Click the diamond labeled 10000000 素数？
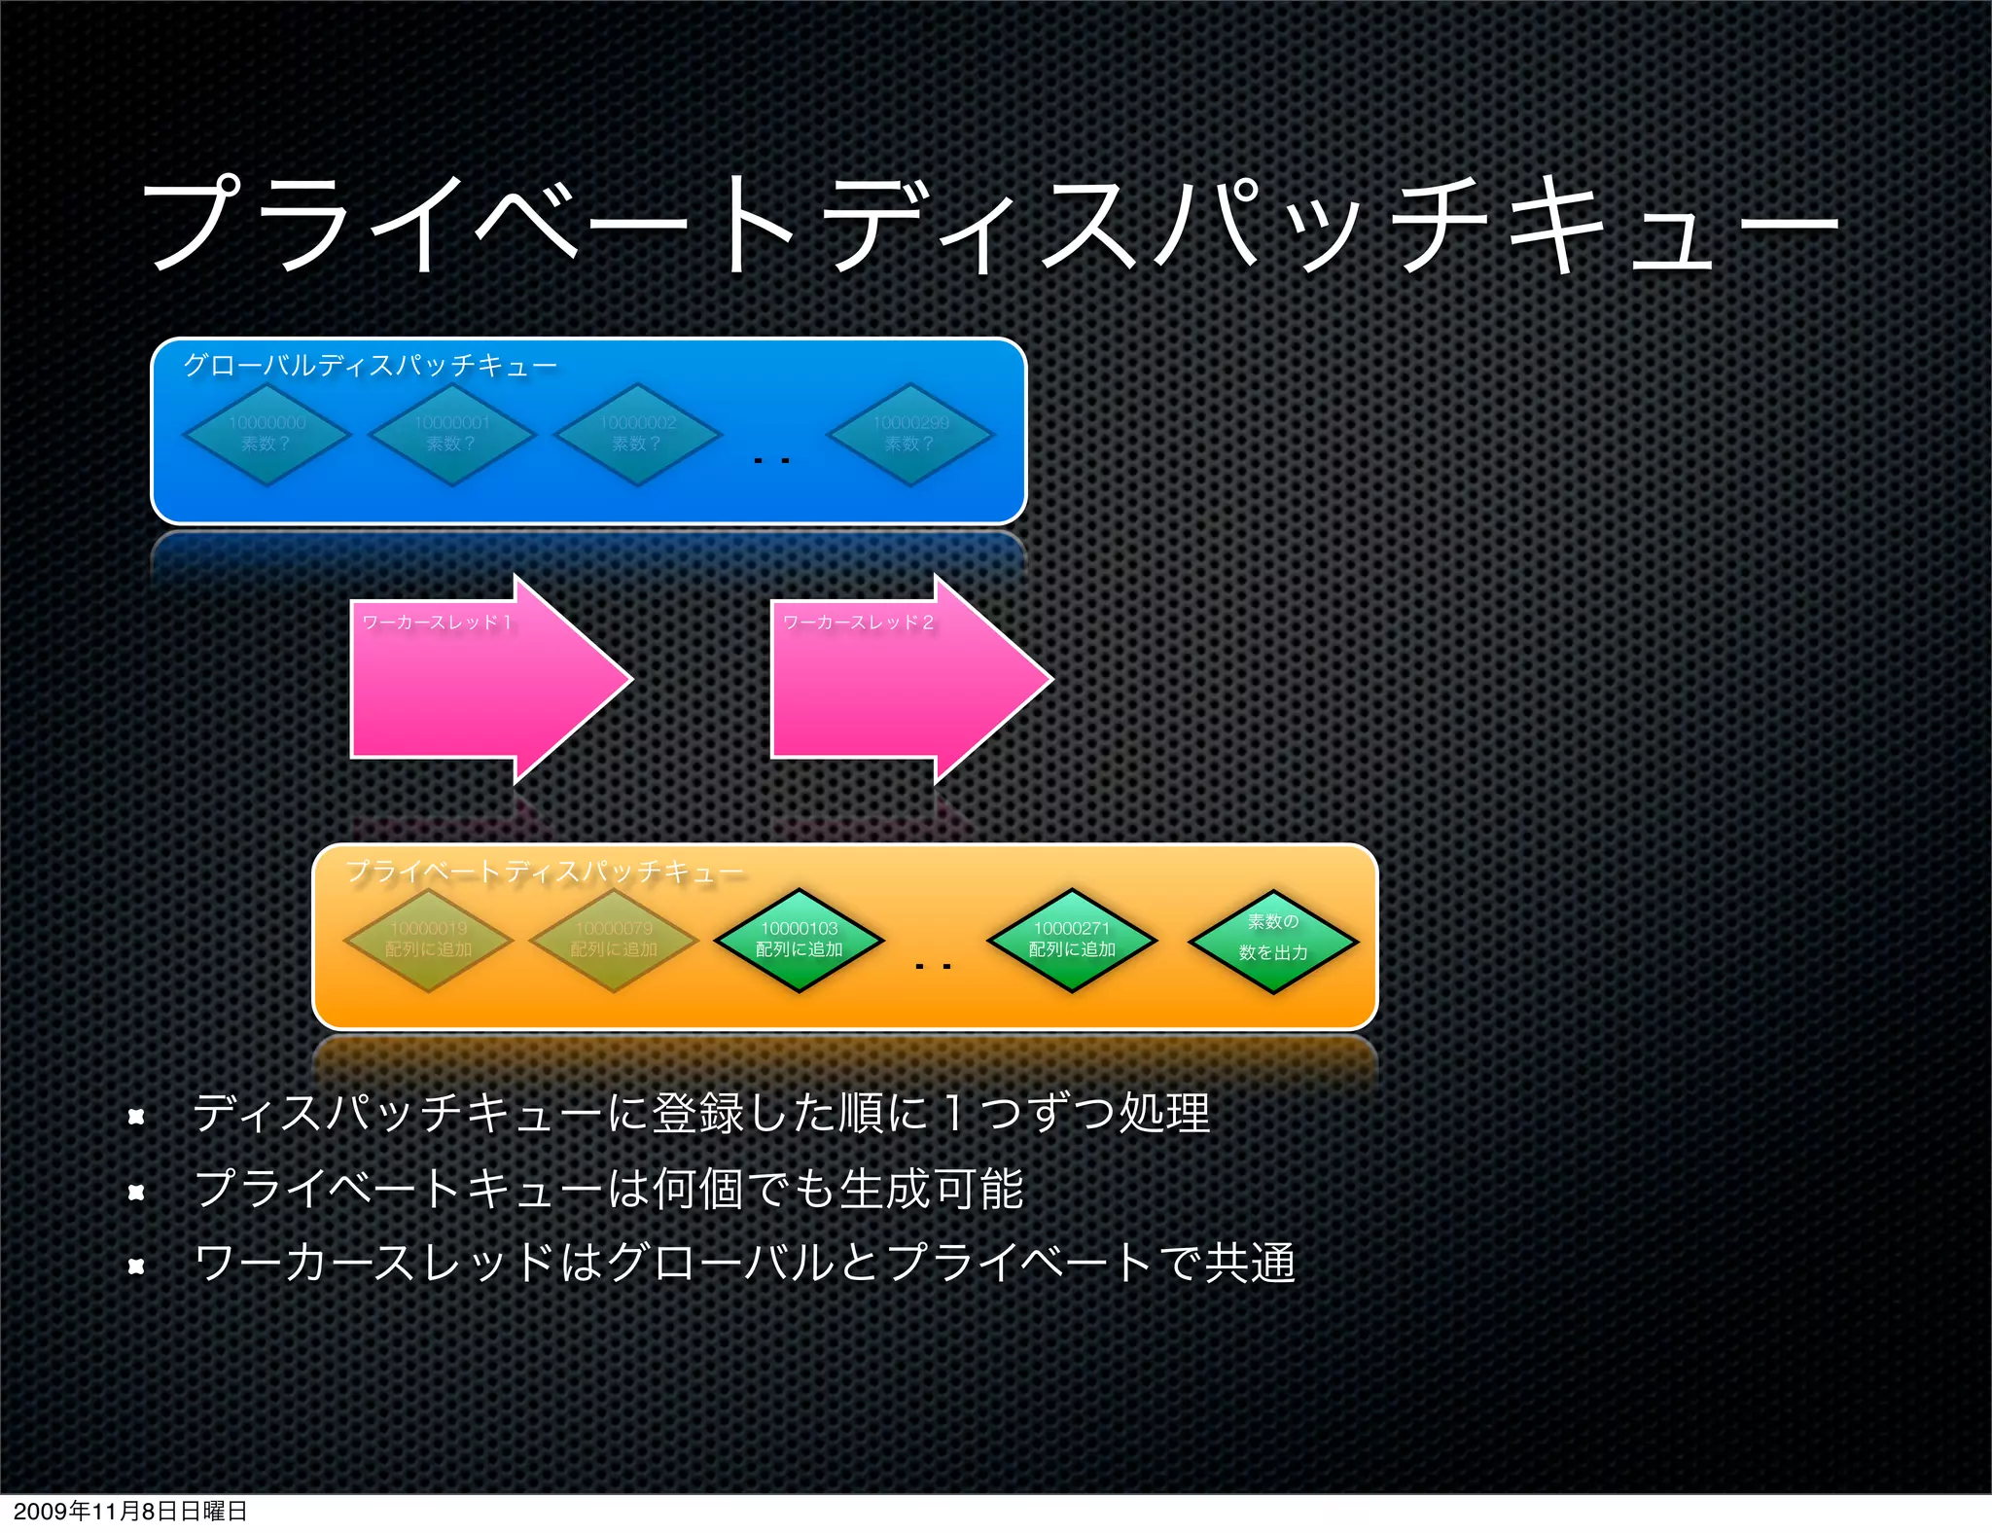(x=267, y=434)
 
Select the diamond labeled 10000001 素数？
(x=452, y=434)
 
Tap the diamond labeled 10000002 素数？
(x=638, y=434)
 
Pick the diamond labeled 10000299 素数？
(x=910, y=434)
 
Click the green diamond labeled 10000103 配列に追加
(x=799, y=940)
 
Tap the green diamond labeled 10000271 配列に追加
(x=1072, y=940)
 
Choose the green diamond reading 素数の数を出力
(x=1272, y=940)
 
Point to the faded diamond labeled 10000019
(x=428, y=940)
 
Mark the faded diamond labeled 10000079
(x=614, y=940)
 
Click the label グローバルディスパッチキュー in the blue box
(x=371, y=366)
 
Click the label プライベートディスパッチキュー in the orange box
(x=545, y=871)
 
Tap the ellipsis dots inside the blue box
(x=771, y=460)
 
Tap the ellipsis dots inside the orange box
(x=933, y=966)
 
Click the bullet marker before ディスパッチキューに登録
(x=136, y=1116)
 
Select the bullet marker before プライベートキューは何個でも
(x=136, y=1191)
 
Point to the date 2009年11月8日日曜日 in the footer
(x=130, y=1511)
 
